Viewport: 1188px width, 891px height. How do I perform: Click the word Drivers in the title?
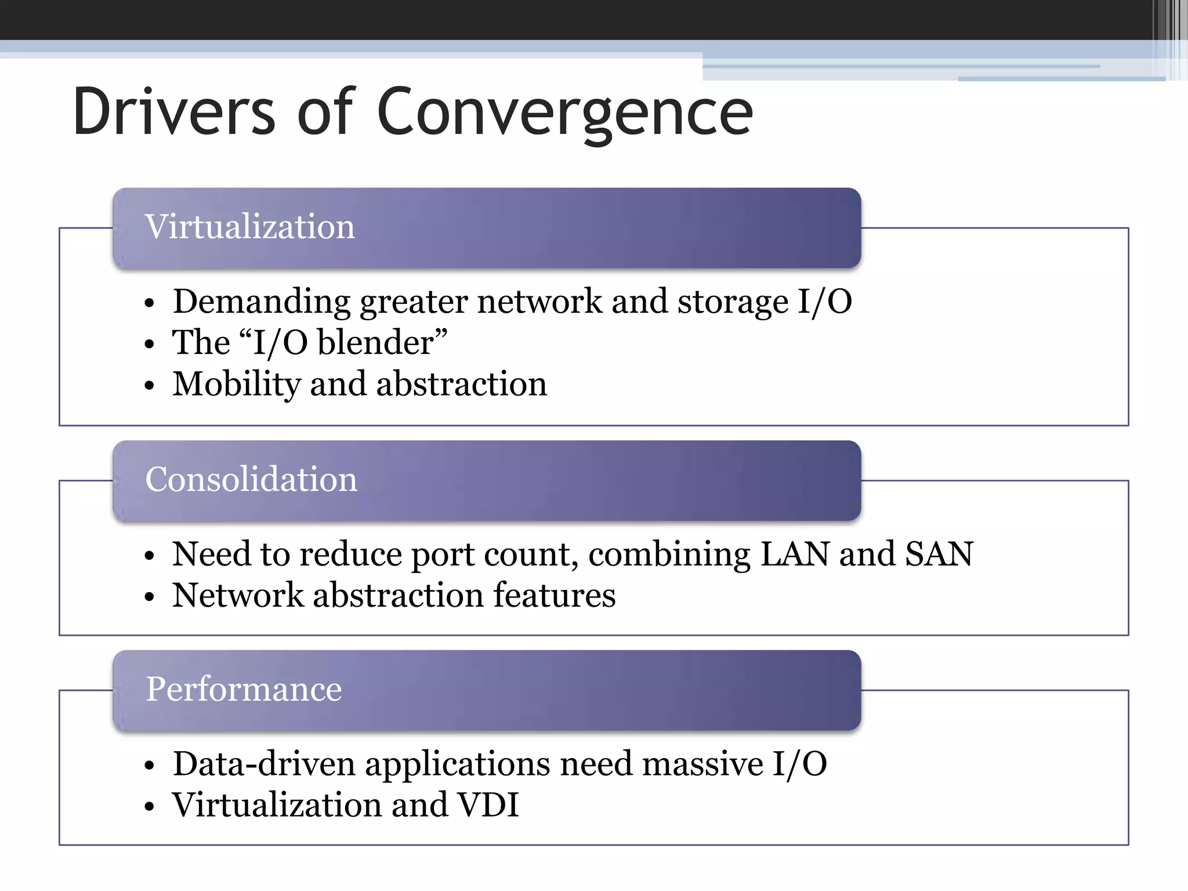pyautogui.click(x=174, y=111)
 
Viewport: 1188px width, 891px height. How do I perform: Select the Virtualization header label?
pyautogui.click(x=249, y=226)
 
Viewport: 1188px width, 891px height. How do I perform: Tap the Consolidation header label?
pyautogui.click(x=251, y=479)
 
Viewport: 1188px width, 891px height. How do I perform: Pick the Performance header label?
pyautogui.click(x=244, y=689)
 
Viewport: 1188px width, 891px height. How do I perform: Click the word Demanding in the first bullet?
pyautogui.click(x=261, y=302)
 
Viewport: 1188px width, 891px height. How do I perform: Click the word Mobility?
pyautogui.click(x=236, y=384)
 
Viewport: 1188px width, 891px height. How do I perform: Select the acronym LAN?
pyautogui.click(x=795, y=554)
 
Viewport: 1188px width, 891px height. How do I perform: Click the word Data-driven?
pyautogui.click(x=264, y=764)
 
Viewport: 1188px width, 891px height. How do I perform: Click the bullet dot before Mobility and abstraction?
pyautogui.click(x=150, y=386)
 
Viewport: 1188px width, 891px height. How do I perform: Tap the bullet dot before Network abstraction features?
pyautogui.click(x=150, y=597)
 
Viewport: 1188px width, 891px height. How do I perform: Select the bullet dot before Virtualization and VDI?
pyautogui.click(x=150, y=807)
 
